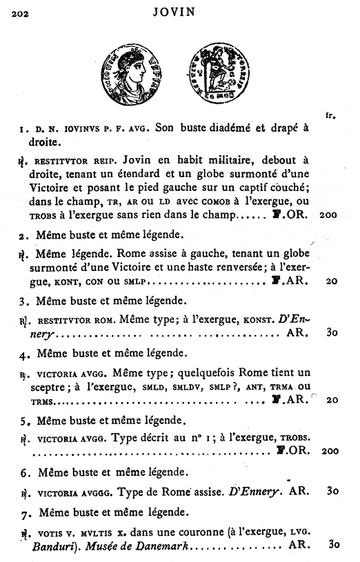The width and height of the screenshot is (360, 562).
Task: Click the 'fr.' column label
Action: [329, 115]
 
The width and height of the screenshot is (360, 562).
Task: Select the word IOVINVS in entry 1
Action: [76, 129]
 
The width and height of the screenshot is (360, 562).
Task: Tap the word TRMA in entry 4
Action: [281, 388]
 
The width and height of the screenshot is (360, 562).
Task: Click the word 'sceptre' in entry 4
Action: [48, 388]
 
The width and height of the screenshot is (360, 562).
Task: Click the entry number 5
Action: [23, 420]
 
